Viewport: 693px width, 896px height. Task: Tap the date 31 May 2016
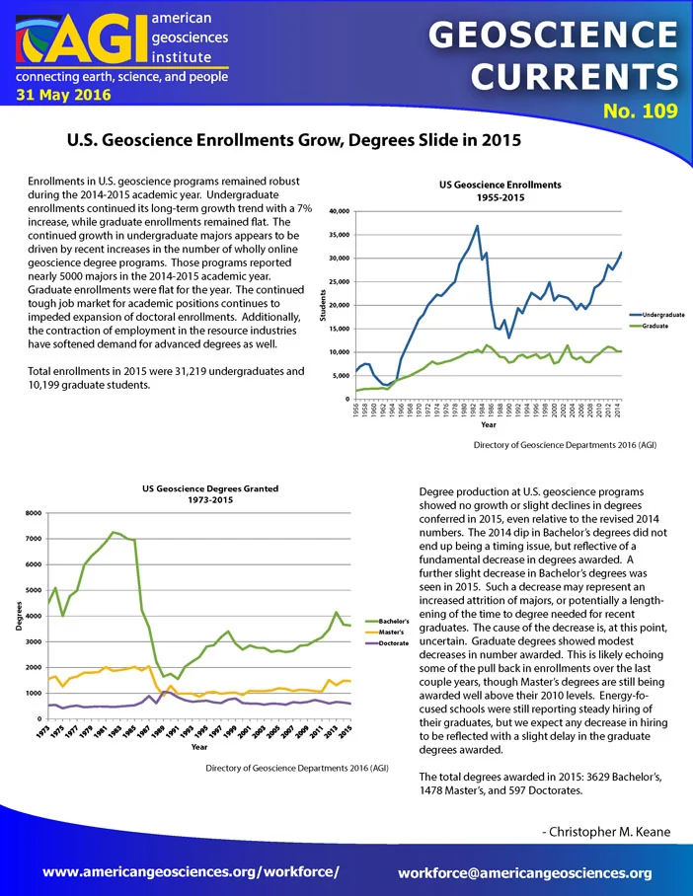coord(63,95)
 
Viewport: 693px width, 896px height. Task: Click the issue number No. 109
coord(641,111)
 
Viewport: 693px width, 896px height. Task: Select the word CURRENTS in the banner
coord(575,76)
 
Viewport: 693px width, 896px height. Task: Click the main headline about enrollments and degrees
coord(294,140)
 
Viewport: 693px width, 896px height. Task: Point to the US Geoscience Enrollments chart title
coord(500,190)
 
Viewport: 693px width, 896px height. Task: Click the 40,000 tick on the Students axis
coord(339,211)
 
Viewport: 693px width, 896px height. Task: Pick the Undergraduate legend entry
coord(657,315)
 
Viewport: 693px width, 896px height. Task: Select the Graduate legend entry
coord(649,326)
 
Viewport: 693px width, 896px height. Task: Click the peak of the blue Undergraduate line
coord(478,226)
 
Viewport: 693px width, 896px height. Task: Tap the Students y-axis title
coord(323,305)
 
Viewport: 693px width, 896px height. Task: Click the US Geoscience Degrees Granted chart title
coord(210,493)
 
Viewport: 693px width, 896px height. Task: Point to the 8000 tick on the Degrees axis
coord(34,513)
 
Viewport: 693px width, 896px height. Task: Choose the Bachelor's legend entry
coord(387,621)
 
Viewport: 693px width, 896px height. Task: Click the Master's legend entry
coord(384,632)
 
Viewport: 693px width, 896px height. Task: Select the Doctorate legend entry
coord(387,643)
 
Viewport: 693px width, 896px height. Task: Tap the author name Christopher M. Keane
coord(606,832)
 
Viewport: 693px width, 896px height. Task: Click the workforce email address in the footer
coord(525,873)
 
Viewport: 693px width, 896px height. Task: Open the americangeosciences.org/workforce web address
coord(191,872)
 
